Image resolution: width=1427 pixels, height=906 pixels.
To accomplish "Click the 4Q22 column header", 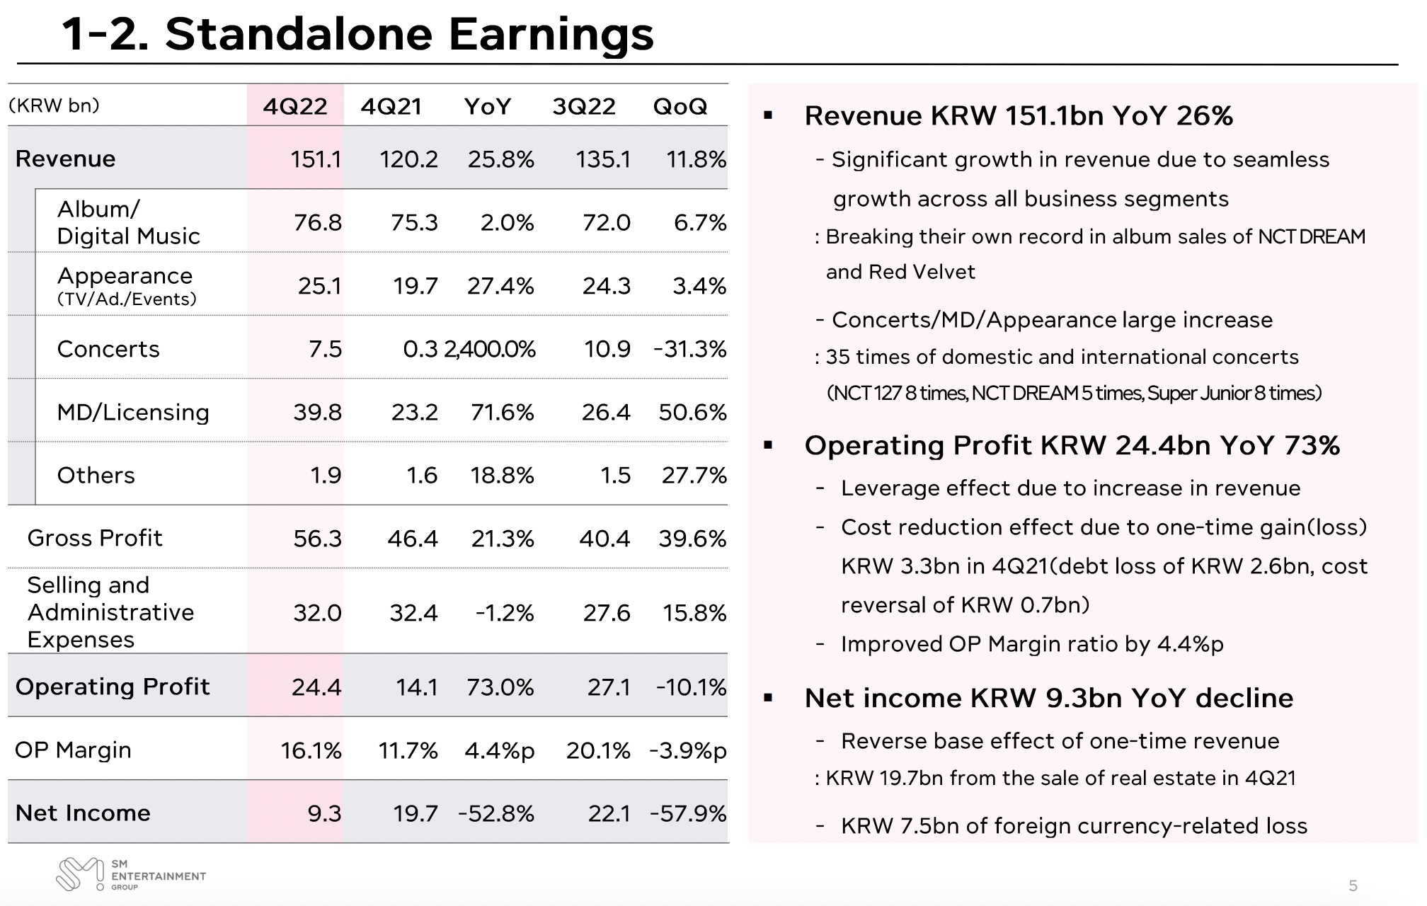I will click(x=295, y=106).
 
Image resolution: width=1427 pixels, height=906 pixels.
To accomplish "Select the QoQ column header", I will click(x=680, y=106).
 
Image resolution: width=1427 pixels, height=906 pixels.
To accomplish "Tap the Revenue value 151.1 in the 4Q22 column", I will click(x=316, y=159).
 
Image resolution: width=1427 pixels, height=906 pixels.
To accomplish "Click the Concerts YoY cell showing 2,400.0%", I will click(x=490, y=349).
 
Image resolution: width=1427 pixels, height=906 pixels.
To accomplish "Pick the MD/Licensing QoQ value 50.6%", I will click(x=692, y=412).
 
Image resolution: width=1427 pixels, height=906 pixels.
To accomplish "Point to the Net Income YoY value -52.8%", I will click(x=496, y=813).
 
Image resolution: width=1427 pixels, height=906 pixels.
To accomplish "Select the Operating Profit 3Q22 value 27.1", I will click(x=608, y=687).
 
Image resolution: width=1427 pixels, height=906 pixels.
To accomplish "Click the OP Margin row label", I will click(x=73, y=750).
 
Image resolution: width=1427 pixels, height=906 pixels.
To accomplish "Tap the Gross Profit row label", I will click(x=95, y=539).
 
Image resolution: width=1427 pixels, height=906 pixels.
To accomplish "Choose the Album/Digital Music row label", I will click(x=128, y=222).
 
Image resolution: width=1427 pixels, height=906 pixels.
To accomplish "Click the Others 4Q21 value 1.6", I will click(x=421, y=476).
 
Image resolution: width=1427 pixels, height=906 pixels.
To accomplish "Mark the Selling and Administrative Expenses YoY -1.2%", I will click(x=504, y=613).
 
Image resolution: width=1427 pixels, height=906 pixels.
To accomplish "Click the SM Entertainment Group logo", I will click(x=131, y=875).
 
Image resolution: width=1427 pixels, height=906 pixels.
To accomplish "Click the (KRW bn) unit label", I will click(x=54, y=105).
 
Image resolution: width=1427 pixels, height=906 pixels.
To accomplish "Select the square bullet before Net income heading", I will click(x=769, y=699).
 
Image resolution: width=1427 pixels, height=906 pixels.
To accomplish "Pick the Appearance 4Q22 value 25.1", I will click(x=319, y=286).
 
